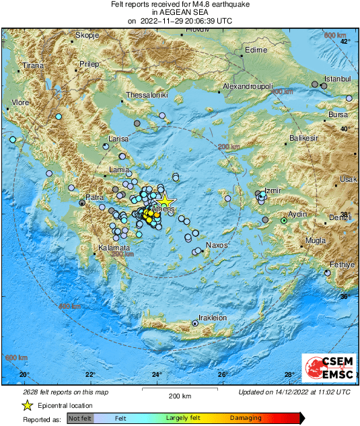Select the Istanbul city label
point(338,79)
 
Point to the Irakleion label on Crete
point(211,318)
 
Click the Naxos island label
point(218,246)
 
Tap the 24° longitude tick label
point(156,374)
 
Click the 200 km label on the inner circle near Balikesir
point(229,146)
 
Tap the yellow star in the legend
point(27,405)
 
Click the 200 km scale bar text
point(180,394)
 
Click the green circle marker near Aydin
point(284,220)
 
